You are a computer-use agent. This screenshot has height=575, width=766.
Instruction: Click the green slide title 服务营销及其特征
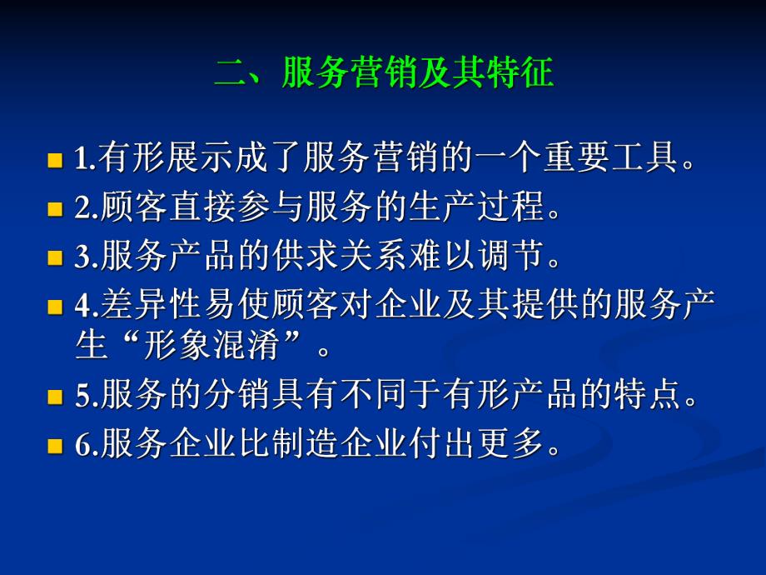pyautogui.click(x=384, y=73)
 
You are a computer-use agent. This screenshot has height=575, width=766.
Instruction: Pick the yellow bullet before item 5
pyautogui.click(x=56, y=397)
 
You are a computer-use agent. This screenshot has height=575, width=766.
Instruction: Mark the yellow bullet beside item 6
pyautogui.click(x=56, y=447)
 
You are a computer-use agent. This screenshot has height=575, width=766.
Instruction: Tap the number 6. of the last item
pyautogui.click(x=86, y=447)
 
